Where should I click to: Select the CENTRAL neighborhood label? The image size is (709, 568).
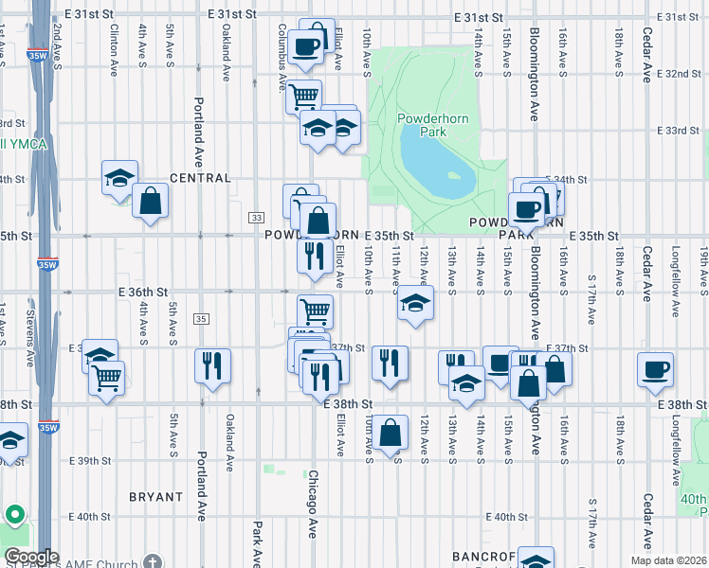pyautogui.click(x=200, y=178)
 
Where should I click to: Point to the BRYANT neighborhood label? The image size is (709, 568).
pyautogui.click(x=155, y=496)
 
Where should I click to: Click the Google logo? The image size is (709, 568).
pyautogui.click(x=30, y=557)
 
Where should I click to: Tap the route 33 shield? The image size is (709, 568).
pyautogui.click(x=257, y=218)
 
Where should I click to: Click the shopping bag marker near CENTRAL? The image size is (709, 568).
pyautogui.click(x=150, y=200)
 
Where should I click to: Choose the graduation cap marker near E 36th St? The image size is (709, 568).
pyautogui.click(x=415, y=304)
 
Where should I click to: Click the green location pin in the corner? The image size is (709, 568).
pyautogui.click(x=14, y=515)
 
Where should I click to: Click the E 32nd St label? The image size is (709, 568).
pyautogui.click(x=679, y=73)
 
